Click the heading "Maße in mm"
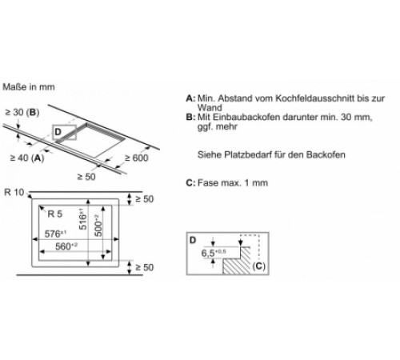pyautogui.click(x=29, y=87)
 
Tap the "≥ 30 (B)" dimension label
pyautogui.click(x=22, y=112)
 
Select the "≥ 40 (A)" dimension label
pyautogui.click(x=27, y=158)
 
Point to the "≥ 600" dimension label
pyautogui.click(x=137, y=158)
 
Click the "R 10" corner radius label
pyautogui.click(x=14, y=192)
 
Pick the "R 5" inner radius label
pyautogui.click(x=54, y=214)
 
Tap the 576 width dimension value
pyautogui.click(x=55, y=234)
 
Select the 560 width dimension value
pyautogui.click(x=66, y=246)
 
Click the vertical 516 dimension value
pyautogui.click(x=83, y=219)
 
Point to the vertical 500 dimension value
pyautogui.click(x=98, y=226)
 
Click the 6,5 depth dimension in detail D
pyautogui.click(x=214, y=253)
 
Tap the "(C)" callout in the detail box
pyautogui.click(x=258, y=266)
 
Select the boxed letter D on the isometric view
pyautogui.click(x=58, y=132)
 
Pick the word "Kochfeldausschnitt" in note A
pyautogui.click(x=315, y=98)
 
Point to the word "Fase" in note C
pyautogui.click(x=208, y=182)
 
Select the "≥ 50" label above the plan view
pyautogui.click(x=144, y=199)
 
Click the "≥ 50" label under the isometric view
pyautogui.click(x=86, y=177)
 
